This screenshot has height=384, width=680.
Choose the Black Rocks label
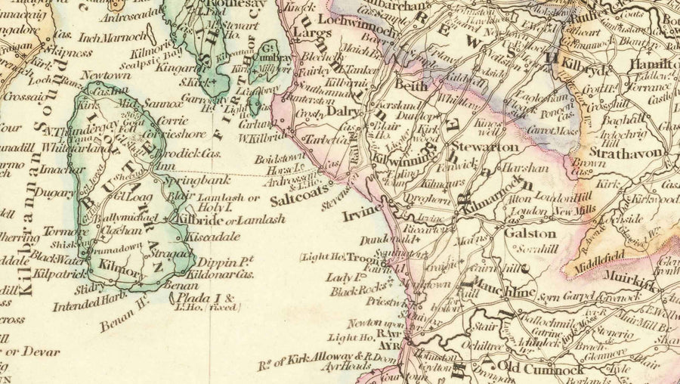pos(353,290)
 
